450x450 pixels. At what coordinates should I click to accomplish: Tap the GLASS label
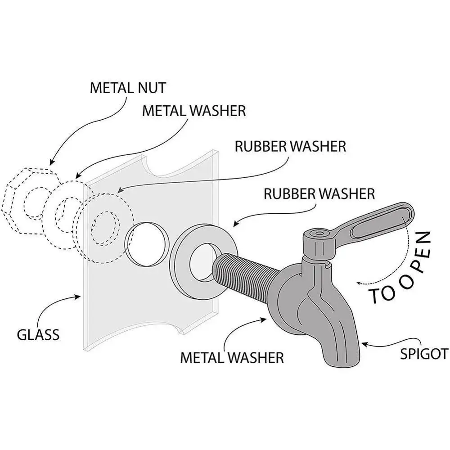click(x=38, y=335)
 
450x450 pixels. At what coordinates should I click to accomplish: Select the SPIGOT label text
click(x=422, y=353)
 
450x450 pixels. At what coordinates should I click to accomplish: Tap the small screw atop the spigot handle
click(x=319, y=233)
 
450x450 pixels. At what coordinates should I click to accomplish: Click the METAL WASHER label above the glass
click(x=194, y=111)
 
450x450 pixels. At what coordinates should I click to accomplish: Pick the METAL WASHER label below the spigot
click(x=232, y=358)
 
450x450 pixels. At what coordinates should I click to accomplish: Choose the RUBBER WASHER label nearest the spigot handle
click(x=319, y=193)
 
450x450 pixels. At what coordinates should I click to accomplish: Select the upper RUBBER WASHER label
click(x=290, y=146)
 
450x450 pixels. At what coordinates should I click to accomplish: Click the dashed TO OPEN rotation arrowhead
click(x=359, y=283)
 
